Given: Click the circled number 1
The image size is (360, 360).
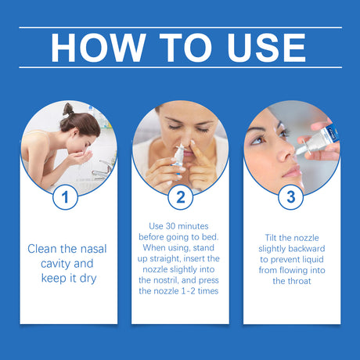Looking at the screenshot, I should pos(65,196).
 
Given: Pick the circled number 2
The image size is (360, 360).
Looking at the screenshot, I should pos(180,196).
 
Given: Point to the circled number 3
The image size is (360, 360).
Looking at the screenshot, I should pos(291,196).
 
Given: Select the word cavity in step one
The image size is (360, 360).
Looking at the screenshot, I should pos(49,264).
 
